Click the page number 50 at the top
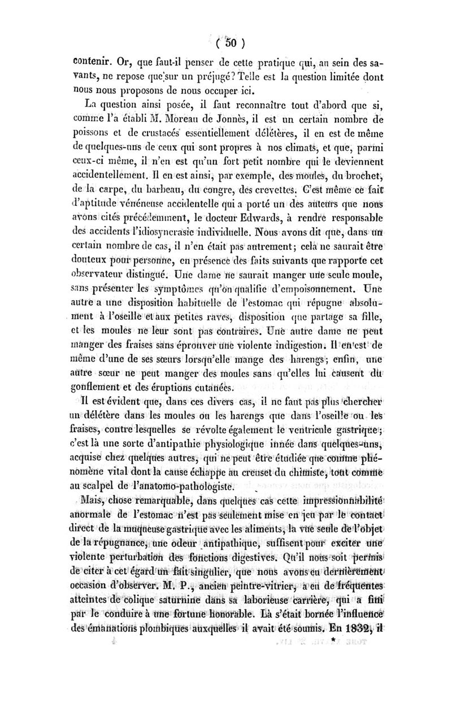232,42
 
